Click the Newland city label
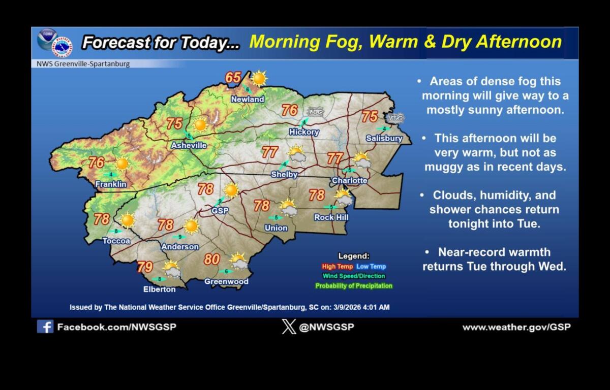tap(248, 100)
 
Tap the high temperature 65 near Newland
tap(233, 78)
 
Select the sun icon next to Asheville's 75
tap(200, 124)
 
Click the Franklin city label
tap(110, 184)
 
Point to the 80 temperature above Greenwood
tap(211, 259)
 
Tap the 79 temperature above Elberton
tap(145, 267)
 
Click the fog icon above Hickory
tap(315, 112)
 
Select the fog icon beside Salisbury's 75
tap(395, 118)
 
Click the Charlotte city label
tap(349, 181)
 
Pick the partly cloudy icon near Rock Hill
tap(344, 197)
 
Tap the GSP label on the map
tap(220, 211)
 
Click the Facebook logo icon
tap(45, 327)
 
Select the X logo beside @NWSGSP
tap(289, 327)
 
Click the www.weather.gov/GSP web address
tap(516, 327)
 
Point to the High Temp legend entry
tap(337, 267)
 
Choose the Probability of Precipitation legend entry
tap(354, 286)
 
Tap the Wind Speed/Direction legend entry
tap(354, 276)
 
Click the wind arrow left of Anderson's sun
tap(179, 237)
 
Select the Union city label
tap(276, 228)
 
